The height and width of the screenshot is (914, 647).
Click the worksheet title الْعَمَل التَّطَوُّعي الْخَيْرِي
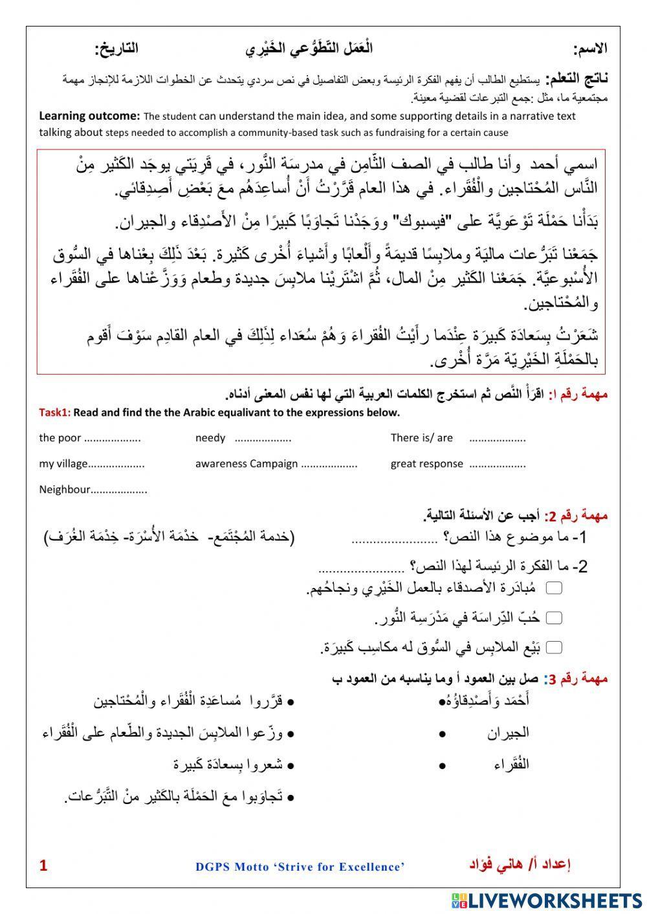coord(309,49)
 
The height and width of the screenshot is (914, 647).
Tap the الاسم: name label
coord(589,49)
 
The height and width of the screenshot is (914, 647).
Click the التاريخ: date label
coord(116,49)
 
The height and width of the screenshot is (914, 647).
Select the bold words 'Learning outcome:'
coord(89,116)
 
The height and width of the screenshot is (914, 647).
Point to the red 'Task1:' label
coord(54,413)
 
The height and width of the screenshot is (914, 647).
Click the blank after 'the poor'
coord(113,439)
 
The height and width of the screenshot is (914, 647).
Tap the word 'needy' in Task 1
coord(210,438)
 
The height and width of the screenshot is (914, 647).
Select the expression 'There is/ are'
coord(421,438)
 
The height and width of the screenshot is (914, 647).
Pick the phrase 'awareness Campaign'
coord(247,464)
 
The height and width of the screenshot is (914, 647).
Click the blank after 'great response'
coord(497,464)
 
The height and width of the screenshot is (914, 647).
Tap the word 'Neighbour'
coord(64,490)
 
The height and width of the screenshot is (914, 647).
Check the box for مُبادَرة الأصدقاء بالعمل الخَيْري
coord(554,587)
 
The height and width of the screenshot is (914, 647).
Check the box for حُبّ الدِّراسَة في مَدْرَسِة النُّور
coord(554,618)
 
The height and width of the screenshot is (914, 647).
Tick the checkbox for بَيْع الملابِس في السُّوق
coord(554,647)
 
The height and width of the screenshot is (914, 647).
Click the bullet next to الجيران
coord(442,734)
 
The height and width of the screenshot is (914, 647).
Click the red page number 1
coord(43,865)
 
